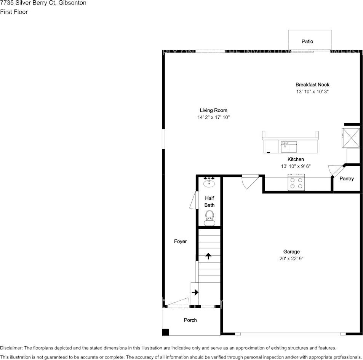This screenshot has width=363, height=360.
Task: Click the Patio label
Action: [307, 41]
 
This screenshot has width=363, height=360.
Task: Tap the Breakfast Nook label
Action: [312, 85]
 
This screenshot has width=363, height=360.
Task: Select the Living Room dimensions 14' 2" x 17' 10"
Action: [213, 118]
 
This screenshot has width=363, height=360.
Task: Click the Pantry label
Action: [347, 178]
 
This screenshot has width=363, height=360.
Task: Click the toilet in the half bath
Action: [209, 218]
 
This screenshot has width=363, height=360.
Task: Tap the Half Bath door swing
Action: [193, 200]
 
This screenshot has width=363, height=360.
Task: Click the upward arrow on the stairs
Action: [208, 256]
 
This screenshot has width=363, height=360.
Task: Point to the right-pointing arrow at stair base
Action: [195, 292]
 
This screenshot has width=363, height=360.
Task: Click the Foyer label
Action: [181, 241]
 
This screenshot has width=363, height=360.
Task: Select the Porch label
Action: [190, 320]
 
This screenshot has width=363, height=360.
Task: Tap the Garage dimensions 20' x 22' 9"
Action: [291, 258]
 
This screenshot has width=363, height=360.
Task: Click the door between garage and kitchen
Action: [250, 182]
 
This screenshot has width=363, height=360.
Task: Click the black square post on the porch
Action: [165, 332]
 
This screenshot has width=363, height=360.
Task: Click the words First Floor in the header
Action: [14, 12]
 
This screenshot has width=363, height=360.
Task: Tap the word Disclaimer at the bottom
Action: [11, 348]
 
